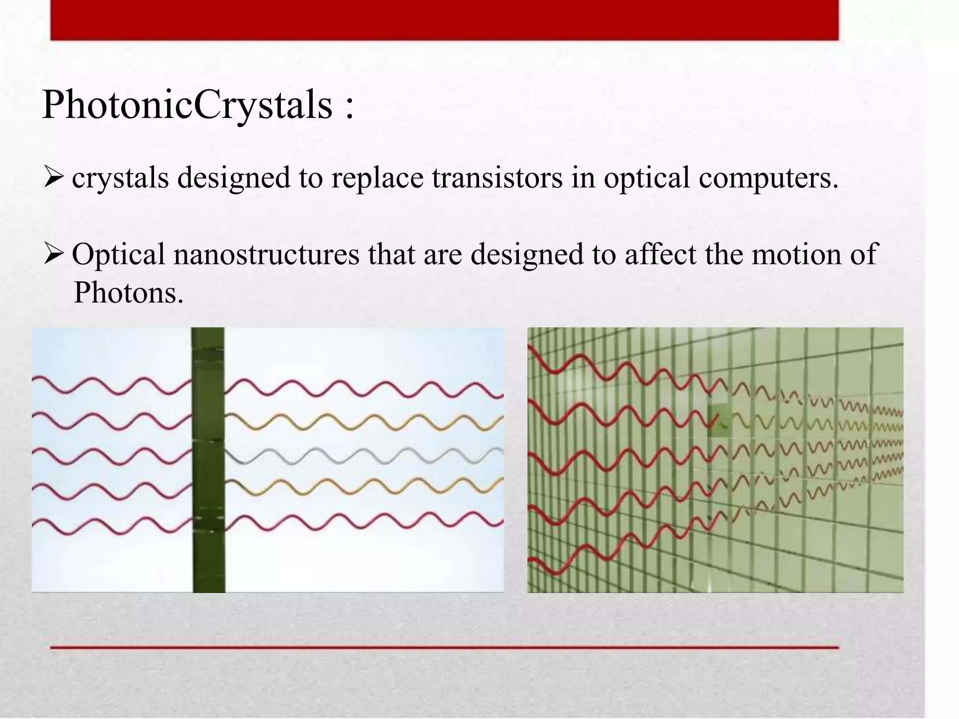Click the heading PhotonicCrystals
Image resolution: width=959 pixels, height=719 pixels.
pyautogui.click(x=187, y=105)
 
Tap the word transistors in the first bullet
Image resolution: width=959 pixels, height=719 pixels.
pyautogui.click(x=497, y=178)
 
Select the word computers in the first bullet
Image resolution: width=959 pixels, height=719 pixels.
pyautogui.click(x=768, y=178)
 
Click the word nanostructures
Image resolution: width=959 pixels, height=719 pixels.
pyautogui.click(x=266, y=255)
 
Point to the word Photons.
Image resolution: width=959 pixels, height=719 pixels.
pyautogui.click(x=128, y=293)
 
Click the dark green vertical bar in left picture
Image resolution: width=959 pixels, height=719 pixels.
pyautogui.click(x=208, y=468)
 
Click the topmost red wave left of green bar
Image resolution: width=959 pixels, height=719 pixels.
pyautogui.click(x=112, y=386)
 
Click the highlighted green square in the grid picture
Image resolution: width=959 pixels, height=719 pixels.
pyautogui.click(x=719, y=421)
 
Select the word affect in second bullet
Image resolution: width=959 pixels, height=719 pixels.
pyautogui.click(x=661, y=255)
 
